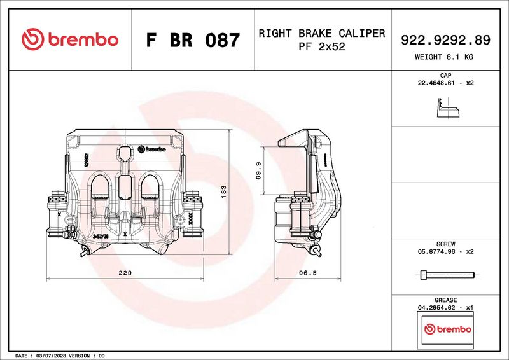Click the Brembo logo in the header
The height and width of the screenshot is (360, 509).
70,39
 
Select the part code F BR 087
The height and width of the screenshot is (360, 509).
193,41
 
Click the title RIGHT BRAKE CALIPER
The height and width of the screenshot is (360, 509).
321,33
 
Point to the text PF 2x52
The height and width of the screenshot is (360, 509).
321,46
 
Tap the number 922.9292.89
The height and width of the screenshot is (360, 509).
445,40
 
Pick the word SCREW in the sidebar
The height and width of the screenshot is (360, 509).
445,244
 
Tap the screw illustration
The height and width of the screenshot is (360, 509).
447,275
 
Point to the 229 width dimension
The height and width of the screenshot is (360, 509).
125,273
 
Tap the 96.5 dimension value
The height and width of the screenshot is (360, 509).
307,273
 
